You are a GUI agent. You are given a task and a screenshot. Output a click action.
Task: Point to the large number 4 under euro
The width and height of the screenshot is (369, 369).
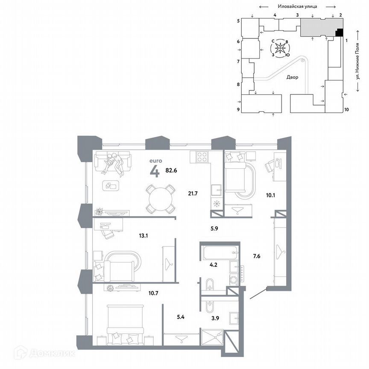click(154, 171)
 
